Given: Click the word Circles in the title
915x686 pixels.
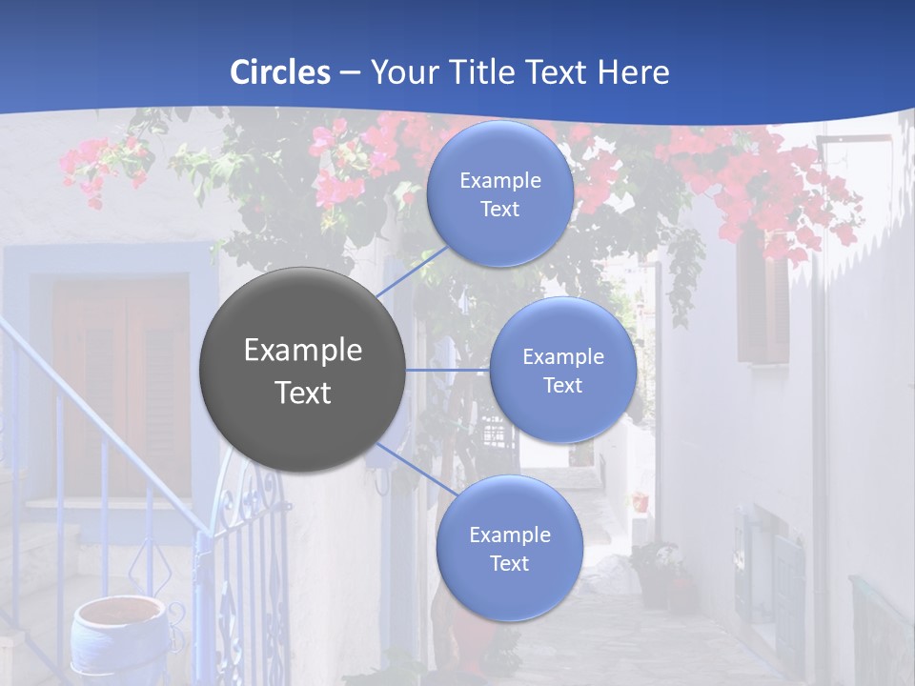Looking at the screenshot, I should pos(280,72).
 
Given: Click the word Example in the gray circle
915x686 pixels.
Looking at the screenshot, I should pos(303,351).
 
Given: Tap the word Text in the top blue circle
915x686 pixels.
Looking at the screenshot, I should pos(499,210).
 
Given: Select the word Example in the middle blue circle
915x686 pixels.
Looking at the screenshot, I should pos(562,357).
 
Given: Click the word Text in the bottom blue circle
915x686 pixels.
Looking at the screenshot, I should pos(509,564).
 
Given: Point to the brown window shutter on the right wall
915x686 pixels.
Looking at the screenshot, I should pos(762,305).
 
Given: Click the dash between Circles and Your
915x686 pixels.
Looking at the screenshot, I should pos(350,73).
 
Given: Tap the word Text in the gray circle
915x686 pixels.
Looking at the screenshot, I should pos(303,393).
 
